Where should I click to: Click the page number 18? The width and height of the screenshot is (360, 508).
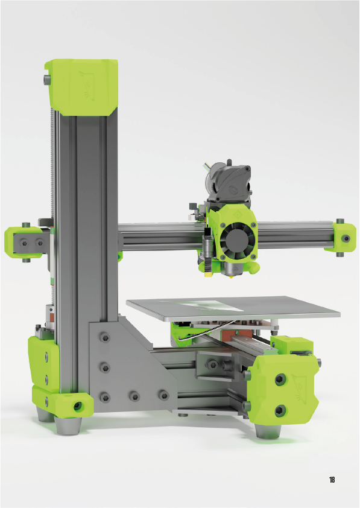(332, 480)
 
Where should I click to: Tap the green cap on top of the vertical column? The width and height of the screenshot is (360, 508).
(81, 87)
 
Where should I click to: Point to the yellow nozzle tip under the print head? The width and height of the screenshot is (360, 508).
(231, 276)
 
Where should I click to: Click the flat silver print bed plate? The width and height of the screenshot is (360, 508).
(233, 308)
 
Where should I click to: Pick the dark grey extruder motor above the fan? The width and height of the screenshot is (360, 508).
(228, 184)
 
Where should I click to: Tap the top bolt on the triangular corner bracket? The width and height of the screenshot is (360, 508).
(104, 338)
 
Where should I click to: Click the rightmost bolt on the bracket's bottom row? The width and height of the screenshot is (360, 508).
(163, 395)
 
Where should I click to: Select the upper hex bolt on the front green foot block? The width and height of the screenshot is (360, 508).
(280, 379)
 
